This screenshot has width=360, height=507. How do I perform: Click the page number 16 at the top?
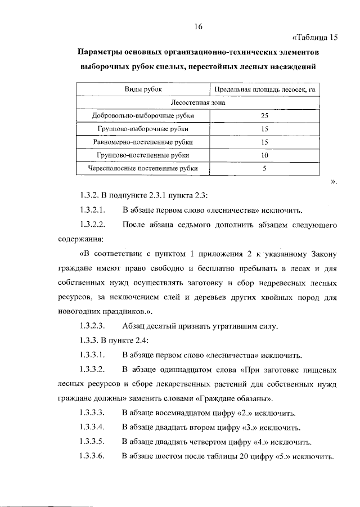click(x=197, y=26)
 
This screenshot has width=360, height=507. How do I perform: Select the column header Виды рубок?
click(x=143, y=90)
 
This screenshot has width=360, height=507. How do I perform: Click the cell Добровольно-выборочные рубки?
click(x=143, y=116)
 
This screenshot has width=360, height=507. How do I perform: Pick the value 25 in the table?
click(x=264, y=116)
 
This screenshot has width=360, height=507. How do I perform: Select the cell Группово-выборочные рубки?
click(x=143, y=129)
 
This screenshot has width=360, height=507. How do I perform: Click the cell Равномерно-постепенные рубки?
click(x=143, y=142)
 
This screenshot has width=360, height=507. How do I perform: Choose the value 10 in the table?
click(x=264, y=155)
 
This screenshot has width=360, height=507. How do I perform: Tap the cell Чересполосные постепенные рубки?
click(x=143, y=168)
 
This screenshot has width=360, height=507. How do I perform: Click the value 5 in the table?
click(x=264, y=168)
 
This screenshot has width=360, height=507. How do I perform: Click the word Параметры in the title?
click(x=101, y=52)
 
